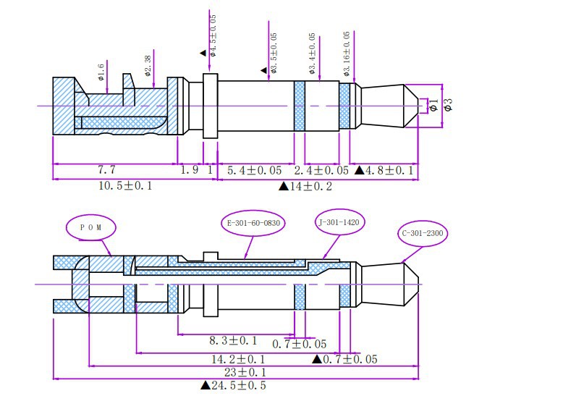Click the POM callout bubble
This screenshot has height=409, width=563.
91,227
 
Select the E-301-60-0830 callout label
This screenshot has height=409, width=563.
253,223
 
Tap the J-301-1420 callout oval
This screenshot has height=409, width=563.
339,222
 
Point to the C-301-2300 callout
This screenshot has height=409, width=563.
423,233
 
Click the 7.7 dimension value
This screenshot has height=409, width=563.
106,169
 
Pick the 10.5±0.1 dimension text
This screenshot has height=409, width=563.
125,185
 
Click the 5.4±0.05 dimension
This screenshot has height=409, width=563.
255,170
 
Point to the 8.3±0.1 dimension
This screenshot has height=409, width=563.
234,340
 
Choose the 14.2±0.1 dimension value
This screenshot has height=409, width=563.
238,359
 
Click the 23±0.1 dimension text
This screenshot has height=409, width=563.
245,372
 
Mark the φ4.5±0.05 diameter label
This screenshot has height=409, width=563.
213,35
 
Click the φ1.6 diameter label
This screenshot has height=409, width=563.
101,72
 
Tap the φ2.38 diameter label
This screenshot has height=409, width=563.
148,66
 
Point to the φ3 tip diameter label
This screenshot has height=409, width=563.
449,104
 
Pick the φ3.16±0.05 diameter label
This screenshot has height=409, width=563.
347,54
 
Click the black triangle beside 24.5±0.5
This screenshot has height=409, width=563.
205,385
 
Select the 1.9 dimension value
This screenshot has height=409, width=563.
189,169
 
